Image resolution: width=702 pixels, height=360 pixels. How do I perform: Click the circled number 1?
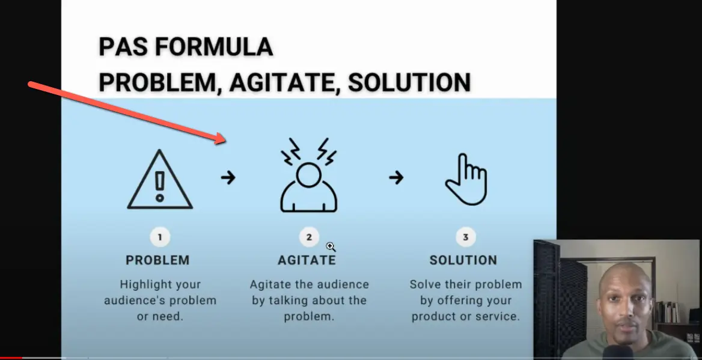[x=160, y=237]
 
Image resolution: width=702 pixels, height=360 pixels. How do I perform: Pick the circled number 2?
[x=309, y=237]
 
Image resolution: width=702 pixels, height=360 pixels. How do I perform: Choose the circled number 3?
[x=465, y=237]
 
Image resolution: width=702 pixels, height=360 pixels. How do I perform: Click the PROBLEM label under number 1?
[x=157, y=260]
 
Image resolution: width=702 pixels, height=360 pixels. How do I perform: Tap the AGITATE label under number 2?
[x=307, y=260]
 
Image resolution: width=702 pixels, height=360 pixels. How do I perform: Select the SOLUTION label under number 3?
[x=463, y=260]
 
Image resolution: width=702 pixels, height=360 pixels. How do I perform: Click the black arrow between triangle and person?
[x=228, y=178]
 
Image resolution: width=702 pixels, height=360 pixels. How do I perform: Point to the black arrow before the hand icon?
[x=395, y=178]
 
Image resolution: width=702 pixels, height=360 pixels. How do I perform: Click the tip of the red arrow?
[x=224, y=141]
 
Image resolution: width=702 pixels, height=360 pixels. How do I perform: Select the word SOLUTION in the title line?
[x=409, y=82]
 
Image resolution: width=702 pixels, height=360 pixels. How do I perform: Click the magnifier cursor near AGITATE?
[x=331, y=246]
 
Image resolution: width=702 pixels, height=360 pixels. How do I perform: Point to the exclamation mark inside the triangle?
[x=159, y=186]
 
